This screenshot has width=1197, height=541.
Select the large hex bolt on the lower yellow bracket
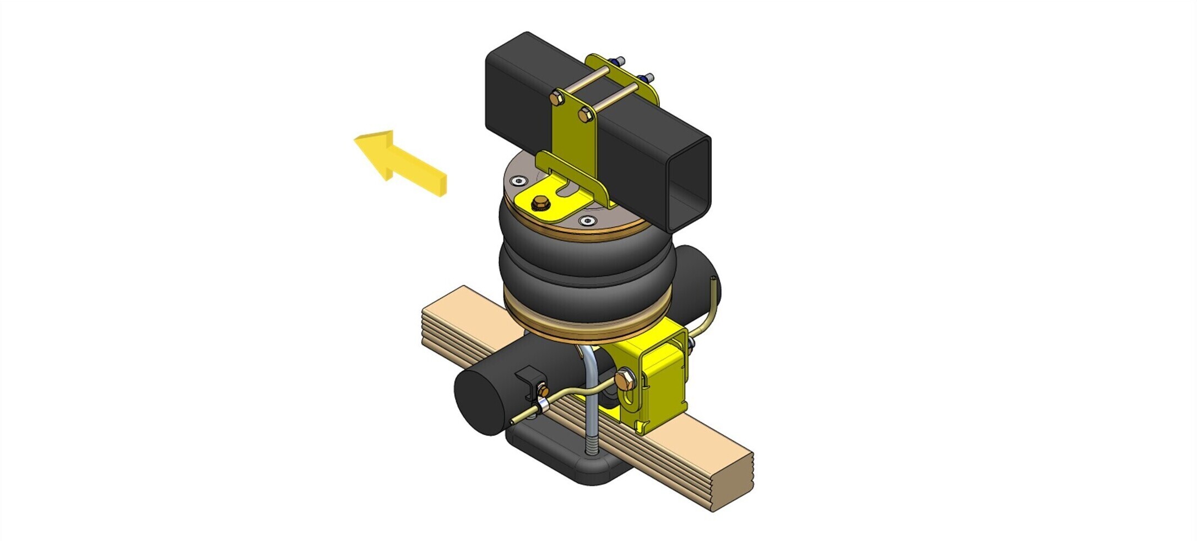click(625, 379)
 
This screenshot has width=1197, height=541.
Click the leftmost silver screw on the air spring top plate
click(517, 181)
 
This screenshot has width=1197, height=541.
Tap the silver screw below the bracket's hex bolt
click(588, 221)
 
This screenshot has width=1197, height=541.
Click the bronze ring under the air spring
click(587, 331)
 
